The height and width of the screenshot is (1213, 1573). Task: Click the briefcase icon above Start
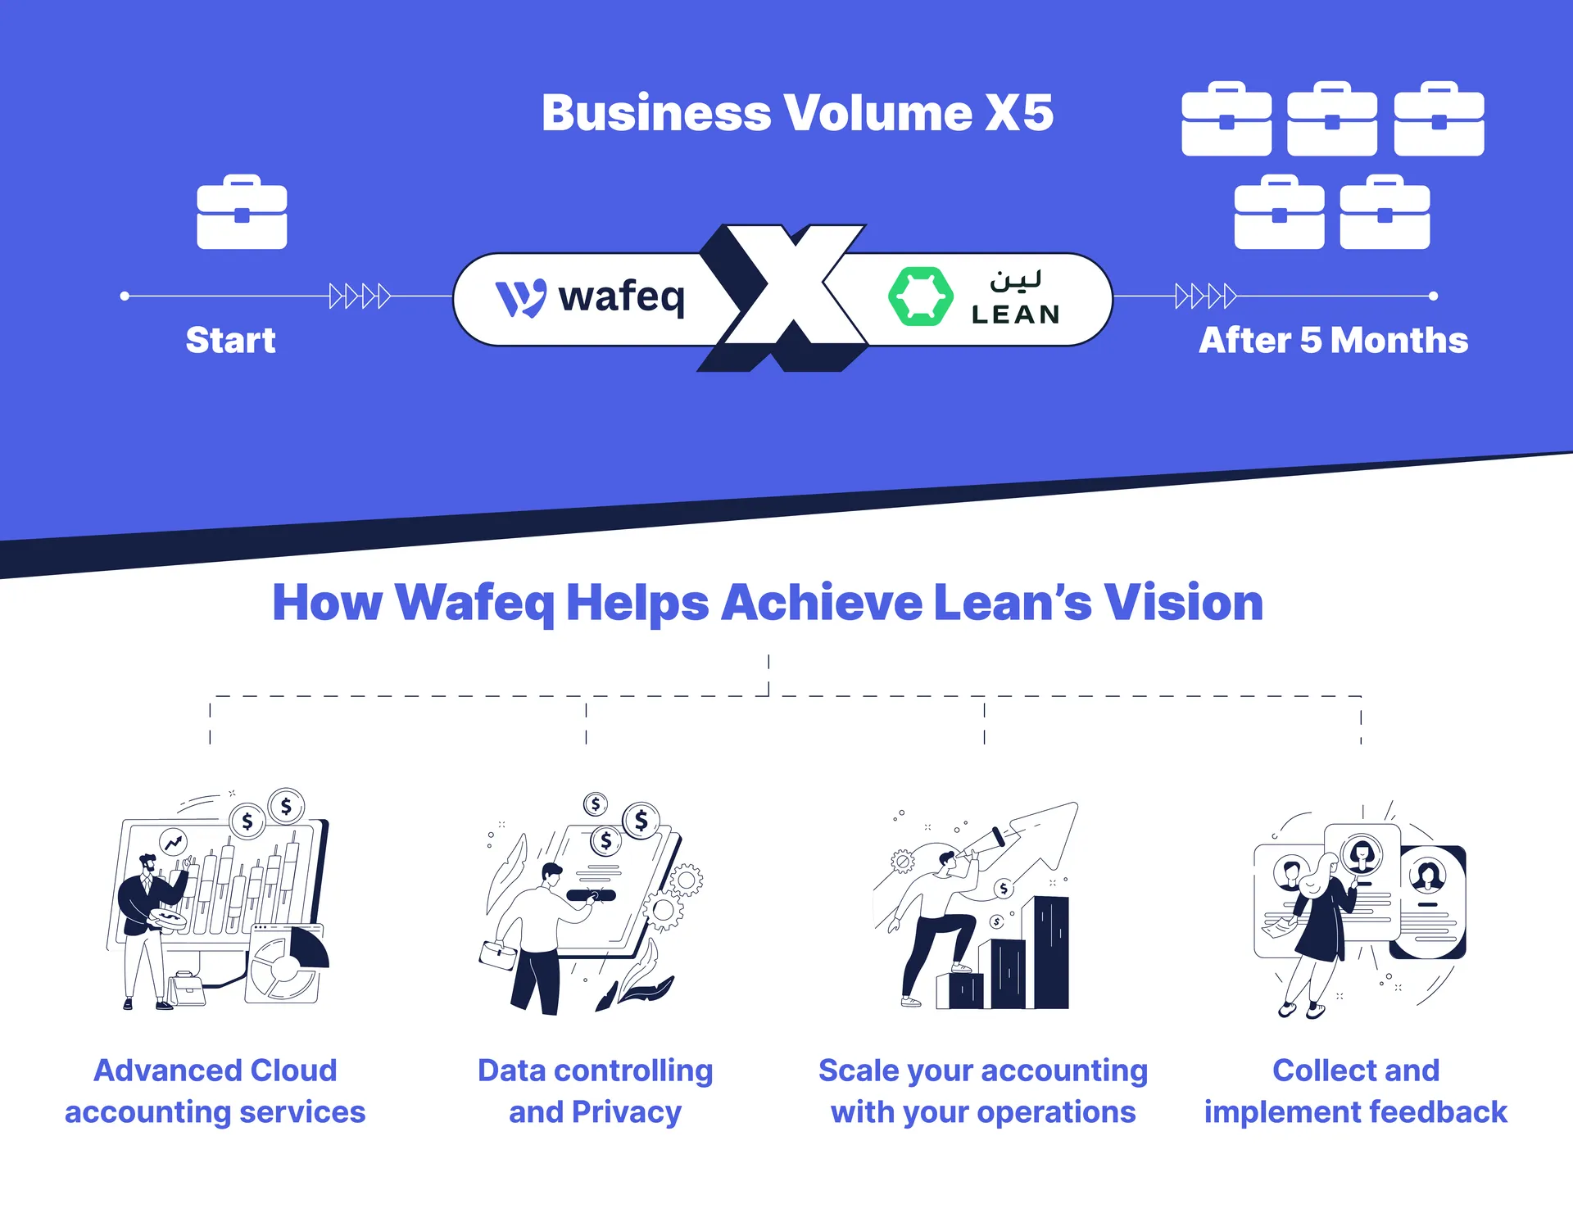coord(242,213)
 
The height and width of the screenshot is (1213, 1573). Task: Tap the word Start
coord(230,340)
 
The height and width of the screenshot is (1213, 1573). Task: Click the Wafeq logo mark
coord(520,298)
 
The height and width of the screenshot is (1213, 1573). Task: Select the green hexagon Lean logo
coord(920,296)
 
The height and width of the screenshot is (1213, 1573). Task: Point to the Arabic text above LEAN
coord(1015,281)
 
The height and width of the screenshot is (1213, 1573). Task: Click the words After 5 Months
coord(1333,340)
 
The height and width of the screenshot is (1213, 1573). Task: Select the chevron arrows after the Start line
coord(359,296)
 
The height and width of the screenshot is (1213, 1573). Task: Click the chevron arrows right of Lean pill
coord(1205,296)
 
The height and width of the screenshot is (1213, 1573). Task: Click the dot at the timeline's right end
coord(1433,296)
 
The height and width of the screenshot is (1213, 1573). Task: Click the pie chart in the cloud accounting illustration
coord(287,966)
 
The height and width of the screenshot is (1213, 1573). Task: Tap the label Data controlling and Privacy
coord(595,1091)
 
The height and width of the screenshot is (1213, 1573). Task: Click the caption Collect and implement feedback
coord(1355,1091)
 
